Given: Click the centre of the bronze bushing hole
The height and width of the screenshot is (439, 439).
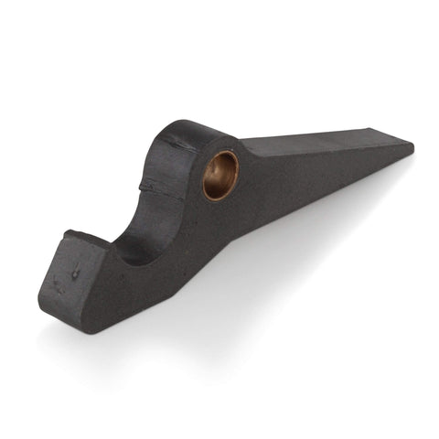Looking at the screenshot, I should point(220,175).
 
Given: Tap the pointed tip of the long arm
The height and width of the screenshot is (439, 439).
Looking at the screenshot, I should point(411,145).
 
